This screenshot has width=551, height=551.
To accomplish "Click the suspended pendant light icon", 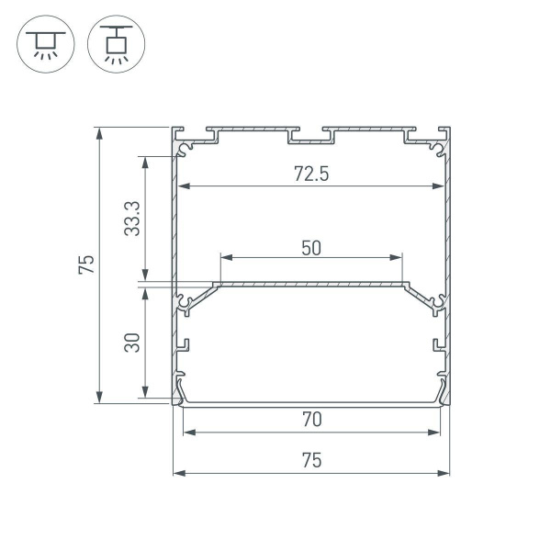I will click(111, 45).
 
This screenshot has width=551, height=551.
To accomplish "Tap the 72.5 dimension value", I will click(310, 174).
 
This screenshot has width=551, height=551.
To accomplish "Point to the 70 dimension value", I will click(310, 420).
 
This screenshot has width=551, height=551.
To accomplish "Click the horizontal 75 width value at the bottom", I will click(310, 461).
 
